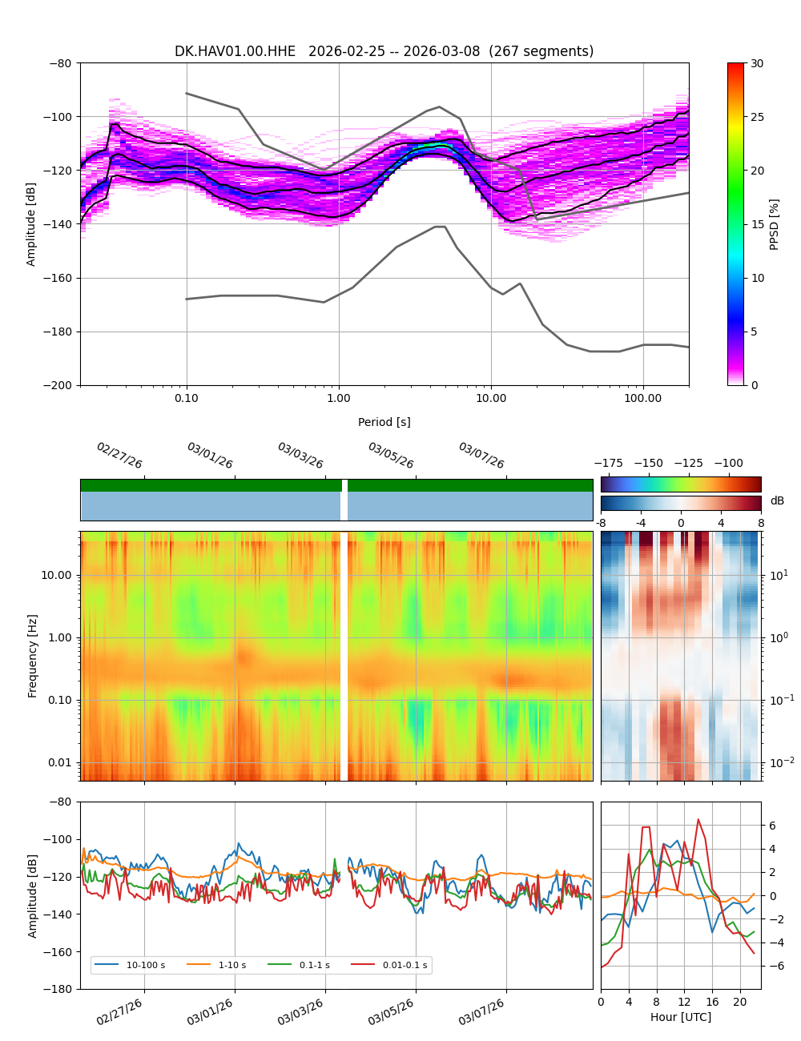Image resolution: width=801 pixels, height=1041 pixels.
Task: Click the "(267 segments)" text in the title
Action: pyautogui.click(x=541, y=51)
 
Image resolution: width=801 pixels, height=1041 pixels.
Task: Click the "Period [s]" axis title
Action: pyautogui.click(x=384, y=422)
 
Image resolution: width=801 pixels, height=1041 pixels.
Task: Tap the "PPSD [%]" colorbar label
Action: pyautogui.click(x=775, y=224)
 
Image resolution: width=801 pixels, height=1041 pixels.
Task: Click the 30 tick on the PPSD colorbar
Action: pyautogui.click(x=757, y=63)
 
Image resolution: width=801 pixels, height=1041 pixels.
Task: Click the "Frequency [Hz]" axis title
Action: pyautogui.click(x=33, y=656)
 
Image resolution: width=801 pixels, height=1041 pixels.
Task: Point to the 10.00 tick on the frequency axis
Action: pyautogui.click(x=55, y=575)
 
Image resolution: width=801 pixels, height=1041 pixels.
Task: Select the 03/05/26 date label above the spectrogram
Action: pyautogui.click(x=391, y=456)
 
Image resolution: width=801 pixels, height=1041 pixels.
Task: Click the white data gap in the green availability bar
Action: pyautogui.click(x=344, y=485)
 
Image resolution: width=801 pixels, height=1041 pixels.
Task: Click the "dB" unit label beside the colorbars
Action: pyautogui.click(x=777, y=501)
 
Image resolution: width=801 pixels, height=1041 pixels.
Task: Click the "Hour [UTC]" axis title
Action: pyautogui.click(x=681, y=1017)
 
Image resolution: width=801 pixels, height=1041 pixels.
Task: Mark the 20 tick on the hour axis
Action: pyautogui.click(x=739, y=1002)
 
